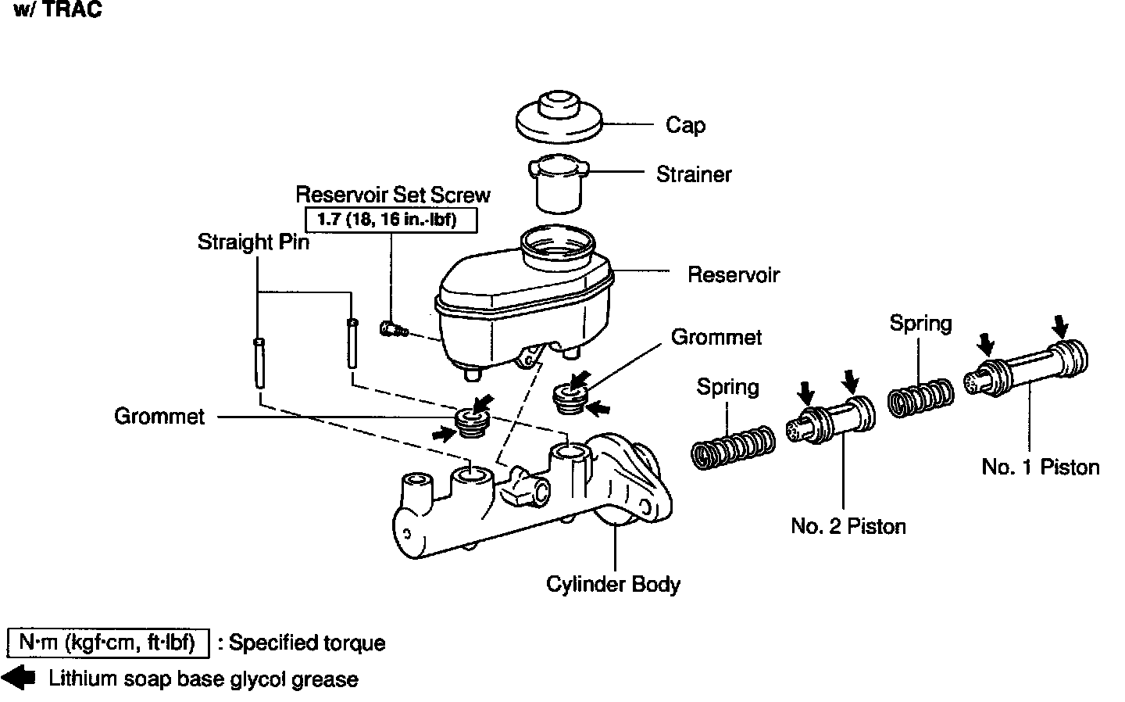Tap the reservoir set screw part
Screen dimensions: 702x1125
click(393, 329)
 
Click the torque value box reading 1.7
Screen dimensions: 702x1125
click(387, 219)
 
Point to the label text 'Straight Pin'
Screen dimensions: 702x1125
click(253, 242)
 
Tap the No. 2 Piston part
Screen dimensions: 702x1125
click(830, 421)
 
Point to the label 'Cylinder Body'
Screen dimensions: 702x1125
click(613, 584)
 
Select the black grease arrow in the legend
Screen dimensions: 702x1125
click(20, 679)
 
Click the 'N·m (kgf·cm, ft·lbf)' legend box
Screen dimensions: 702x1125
click(108, 643)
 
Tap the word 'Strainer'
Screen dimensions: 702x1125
click(694, 174)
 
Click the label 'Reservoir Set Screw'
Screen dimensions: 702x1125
click(393, 195)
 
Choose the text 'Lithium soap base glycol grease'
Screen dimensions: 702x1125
click(203, 679)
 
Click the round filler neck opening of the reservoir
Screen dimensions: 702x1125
click(560, 243)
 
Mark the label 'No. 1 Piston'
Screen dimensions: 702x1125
click(1040, 467)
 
